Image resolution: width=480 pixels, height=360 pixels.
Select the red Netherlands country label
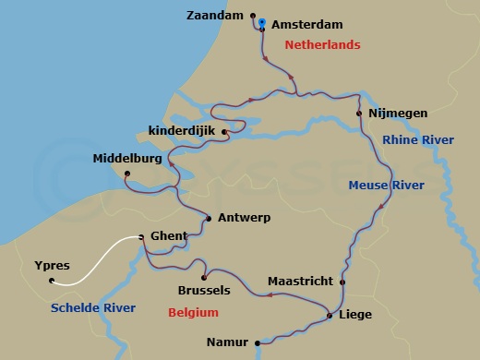[322, 44]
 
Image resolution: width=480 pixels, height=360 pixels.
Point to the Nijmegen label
[398, 114]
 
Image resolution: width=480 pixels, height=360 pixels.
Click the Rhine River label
[418, 139]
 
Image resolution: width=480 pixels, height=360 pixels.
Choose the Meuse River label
[386, 186]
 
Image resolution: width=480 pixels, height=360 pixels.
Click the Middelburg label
[127, 159]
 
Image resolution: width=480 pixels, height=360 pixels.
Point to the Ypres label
[53, 265]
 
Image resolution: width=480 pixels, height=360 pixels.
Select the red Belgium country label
[193, 313]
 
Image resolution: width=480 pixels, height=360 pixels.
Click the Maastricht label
[301, 282]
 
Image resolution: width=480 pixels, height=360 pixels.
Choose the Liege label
[356, 315]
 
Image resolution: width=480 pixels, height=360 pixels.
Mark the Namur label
[229, 342]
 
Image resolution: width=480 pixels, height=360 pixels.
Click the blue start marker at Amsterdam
[262, 22]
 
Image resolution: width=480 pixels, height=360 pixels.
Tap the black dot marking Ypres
[52, 281]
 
